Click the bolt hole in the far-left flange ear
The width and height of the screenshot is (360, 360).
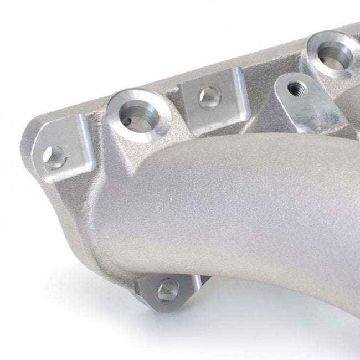[x=55, y=158]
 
